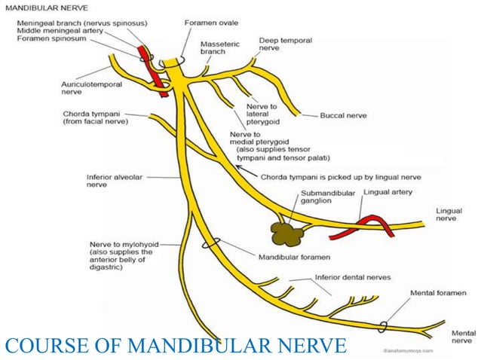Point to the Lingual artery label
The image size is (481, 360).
[385, 192]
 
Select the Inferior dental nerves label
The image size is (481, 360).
[353, 276]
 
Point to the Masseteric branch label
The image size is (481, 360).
[218, 48]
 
